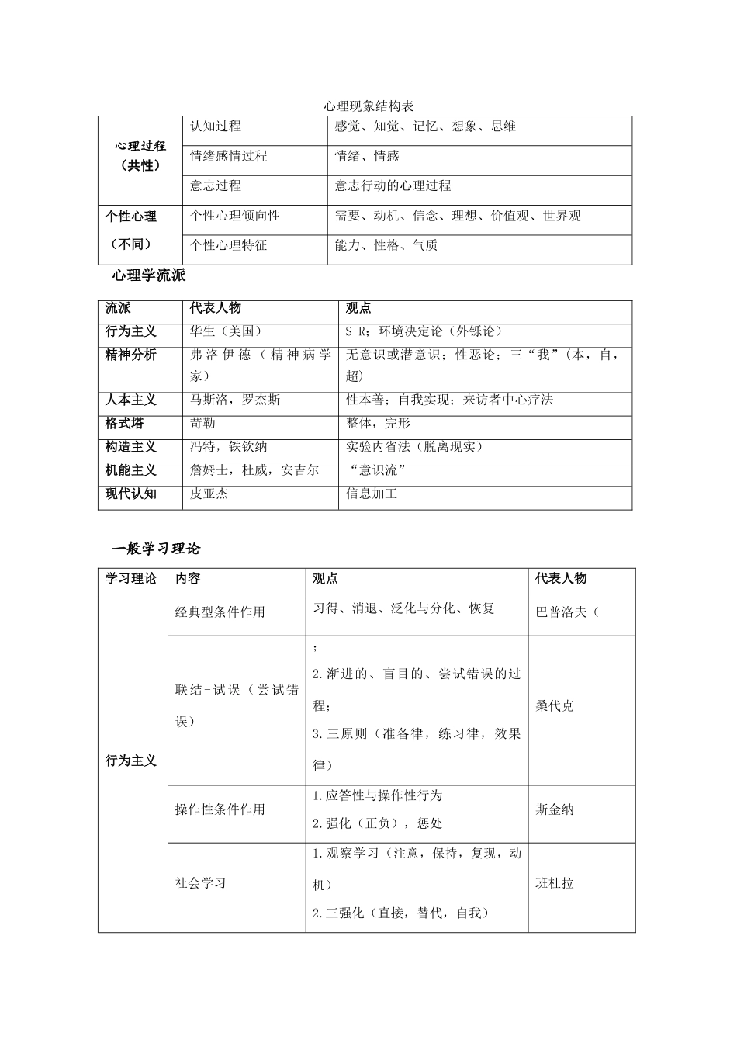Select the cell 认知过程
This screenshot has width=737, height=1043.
coord(216,126)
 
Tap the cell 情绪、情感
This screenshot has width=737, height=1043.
coord(367,156)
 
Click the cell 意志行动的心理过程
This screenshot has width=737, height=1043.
coord(393,186)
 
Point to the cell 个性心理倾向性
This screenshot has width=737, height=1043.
coord(235,216)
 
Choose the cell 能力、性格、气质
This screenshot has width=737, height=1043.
coord(386,245)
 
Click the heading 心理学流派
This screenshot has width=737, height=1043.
coord(149,275)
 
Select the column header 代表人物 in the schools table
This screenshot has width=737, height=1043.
coord(216,308)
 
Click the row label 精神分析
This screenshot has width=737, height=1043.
coord(131,355)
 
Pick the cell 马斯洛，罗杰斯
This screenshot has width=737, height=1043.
coord(235,400)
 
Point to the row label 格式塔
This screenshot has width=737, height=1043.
coord(125,424)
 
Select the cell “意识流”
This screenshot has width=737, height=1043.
coord(379,470)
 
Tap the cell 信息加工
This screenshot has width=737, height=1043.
coord(372,494)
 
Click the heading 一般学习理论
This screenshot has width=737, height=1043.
coord(156,549)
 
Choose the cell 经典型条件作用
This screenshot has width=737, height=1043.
coord(220,612)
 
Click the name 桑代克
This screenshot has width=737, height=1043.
coord(555,706)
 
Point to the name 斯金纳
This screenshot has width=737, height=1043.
coord(555,809)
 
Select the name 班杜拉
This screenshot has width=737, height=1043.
coord(555,883)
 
